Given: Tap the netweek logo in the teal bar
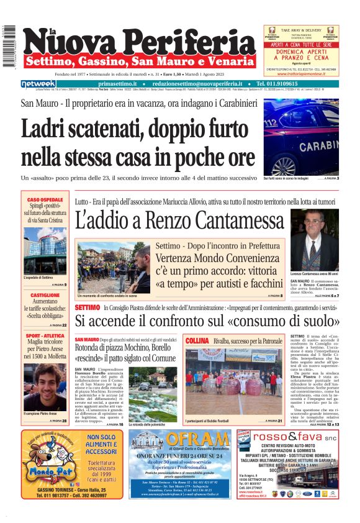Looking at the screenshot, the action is tap(38, 84).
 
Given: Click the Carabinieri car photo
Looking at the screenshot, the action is tap(301, 136).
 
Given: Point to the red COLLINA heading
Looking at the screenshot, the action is tap(197, 341).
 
